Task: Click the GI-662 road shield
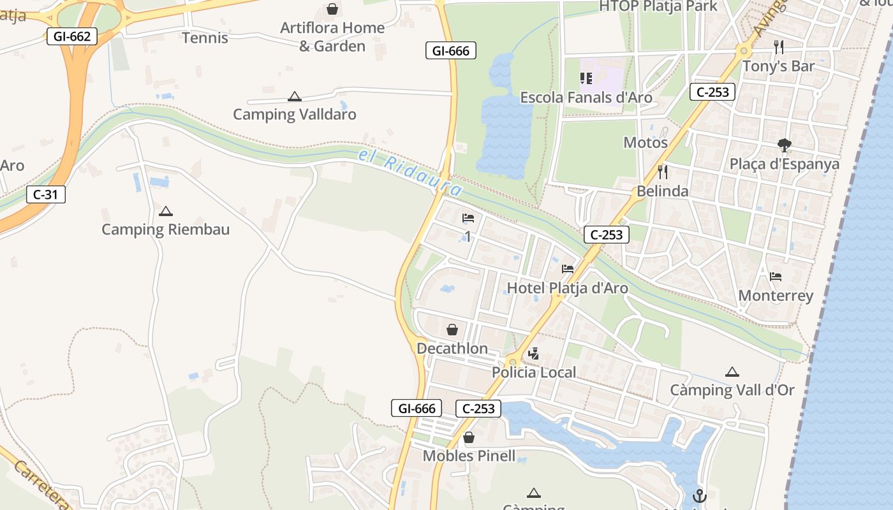coord(72,36)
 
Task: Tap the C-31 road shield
coord(46,194)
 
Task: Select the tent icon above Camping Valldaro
coord(294,97)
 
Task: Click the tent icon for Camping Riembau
coord(166,211)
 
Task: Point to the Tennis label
coord(205,38)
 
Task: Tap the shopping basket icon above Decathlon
coord(452,330)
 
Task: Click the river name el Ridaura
coord(410,172)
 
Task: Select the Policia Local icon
coord(534,354)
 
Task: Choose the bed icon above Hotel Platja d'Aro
coord(568,269)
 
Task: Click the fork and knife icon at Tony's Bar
coord(778,47)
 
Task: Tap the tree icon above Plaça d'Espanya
coord(785,145)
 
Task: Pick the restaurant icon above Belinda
coord(663,172)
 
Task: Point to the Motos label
coord(646,142)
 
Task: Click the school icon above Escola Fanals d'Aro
coord(586,78)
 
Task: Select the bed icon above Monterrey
coord(776,277)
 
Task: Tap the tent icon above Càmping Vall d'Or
coord(732,372)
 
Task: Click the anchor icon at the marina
coord(700,495)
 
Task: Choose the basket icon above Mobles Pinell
coord(469,438)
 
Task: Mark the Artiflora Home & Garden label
coord(332,37)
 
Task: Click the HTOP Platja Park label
coord(658,6)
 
